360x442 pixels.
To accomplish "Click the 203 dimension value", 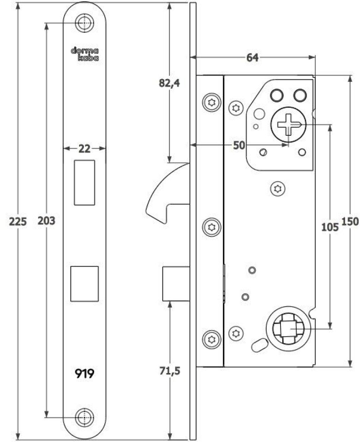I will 46,221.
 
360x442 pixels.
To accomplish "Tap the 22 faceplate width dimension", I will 84,149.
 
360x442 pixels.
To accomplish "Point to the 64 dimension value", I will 252,58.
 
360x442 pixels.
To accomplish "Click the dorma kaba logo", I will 84,53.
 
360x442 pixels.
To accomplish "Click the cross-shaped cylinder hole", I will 288,124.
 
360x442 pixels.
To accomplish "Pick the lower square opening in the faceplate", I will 84,284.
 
